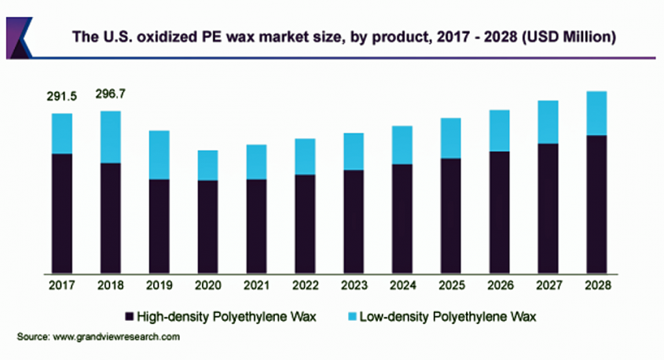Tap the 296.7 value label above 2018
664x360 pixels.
pyautogui.click(x=111, y=94)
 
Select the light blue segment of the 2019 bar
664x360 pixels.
pyautogui.click(x=159, y=155)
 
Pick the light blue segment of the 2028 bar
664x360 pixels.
pyautogui.click(x=596, y=113)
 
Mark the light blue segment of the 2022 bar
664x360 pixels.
pyautogui.click(x=304, y=156)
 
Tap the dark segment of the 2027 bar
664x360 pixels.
pyautogui.click(x=547, y=208)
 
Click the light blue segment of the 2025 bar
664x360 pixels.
pyautogui.click(x=450, y=138)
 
